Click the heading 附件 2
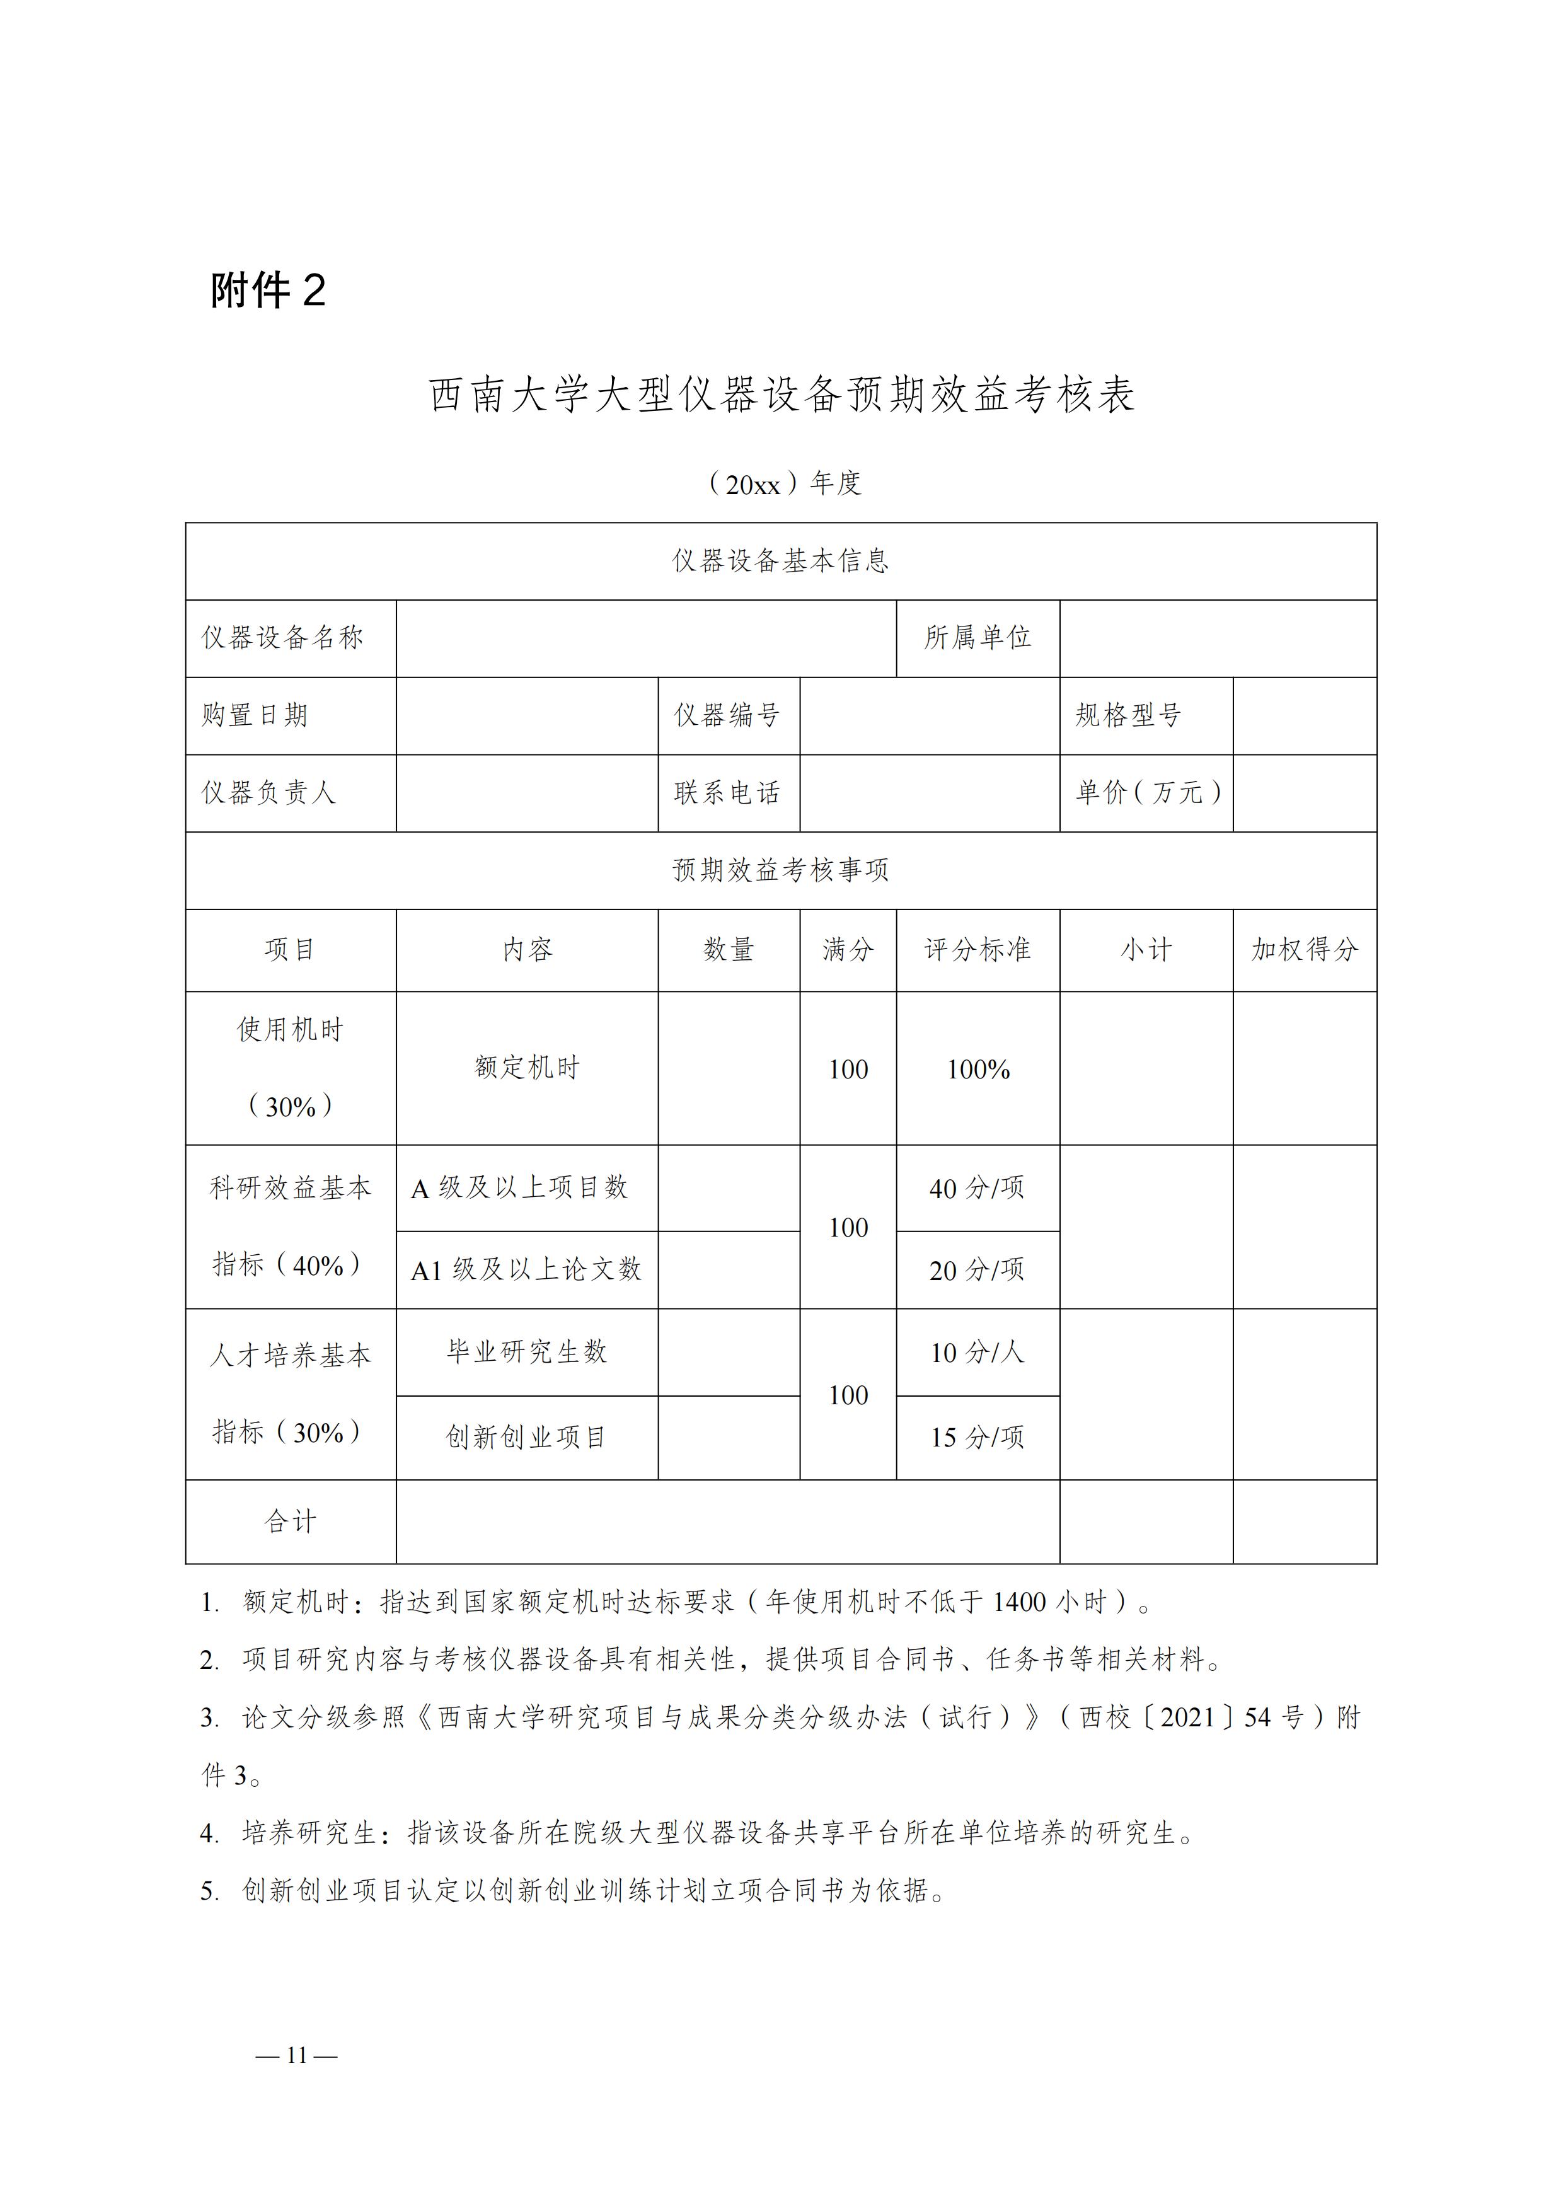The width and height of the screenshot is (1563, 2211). click(x=268, y=290)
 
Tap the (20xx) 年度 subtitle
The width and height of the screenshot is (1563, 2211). click(x=784, y=483)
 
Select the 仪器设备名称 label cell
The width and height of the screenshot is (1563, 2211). click(x=282, y=637)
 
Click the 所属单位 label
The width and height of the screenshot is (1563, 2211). click(x=978, y=637)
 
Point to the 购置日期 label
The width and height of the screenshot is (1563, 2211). click(x=255, y=715)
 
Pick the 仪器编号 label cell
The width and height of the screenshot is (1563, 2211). click(x=727, y=715)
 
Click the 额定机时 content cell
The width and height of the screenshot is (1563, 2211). click(x=527, y=1068)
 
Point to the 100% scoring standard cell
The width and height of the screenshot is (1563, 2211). click(x=978, y=1070)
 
